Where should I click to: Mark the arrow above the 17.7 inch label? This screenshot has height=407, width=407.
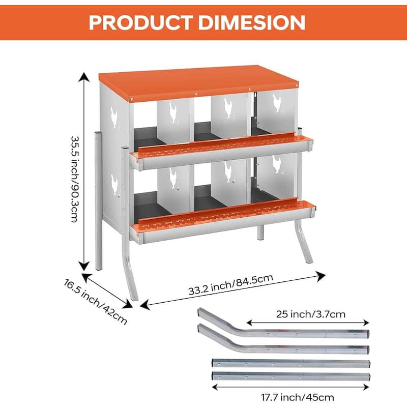pyautogui.click(x=290, y=387)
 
